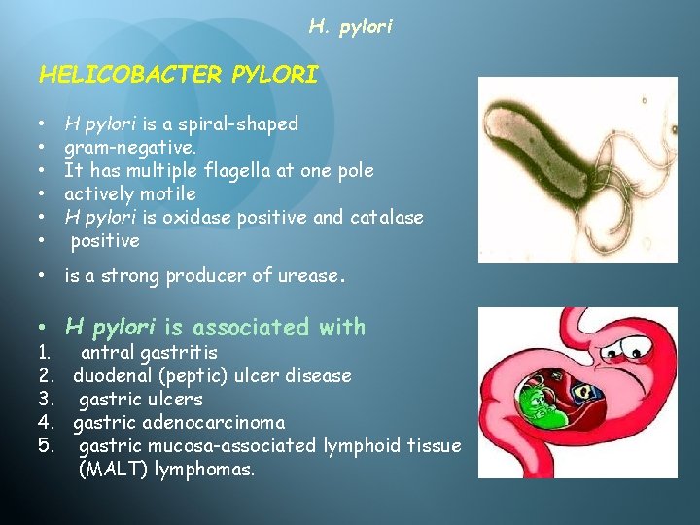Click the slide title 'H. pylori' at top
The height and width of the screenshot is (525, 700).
(x=350, y=27)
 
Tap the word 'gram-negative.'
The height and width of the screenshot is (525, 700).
(x=130, y=147)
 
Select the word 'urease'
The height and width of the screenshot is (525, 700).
(x=309, y=276)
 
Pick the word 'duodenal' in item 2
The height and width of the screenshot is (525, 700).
(x=111, y=375)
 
